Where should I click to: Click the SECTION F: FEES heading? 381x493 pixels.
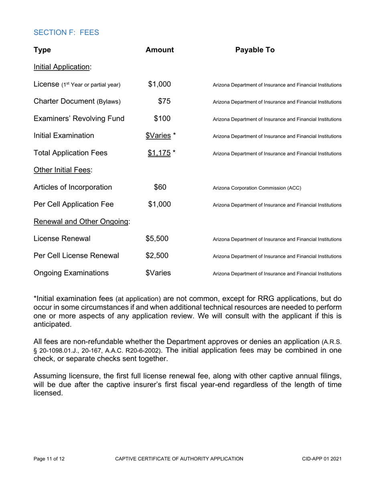coord(66,32)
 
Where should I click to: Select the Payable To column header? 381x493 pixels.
coord(255,50)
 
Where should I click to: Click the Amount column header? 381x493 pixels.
coord(160,50)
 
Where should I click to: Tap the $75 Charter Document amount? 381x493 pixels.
coord(164,101)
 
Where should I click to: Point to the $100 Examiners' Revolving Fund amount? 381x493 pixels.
coord(162,119)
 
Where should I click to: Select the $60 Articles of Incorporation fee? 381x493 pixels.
coord(160,187)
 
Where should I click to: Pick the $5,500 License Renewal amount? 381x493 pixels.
coord(157,239)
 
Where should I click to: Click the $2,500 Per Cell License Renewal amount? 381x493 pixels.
coord(157,256)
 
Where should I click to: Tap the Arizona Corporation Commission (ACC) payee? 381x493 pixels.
coord(257,188)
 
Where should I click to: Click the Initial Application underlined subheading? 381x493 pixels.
coord(63,67)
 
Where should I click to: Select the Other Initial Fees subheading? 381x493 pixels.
coord(63,170)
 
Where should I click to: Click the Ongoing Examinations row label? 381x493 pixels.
coord(71,273)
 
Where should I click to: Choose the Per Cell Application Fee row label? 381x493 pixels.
coord(73,204)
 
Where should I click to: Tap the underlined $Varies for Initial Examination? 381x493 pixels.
coord(158,135)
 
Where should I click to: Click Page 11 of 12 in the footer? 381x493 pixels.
coord(49,459)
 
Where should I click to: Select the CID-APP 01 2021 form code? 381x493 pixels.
coord(322,459)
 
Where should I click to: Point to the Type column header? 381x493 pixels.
coord(42,50)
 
